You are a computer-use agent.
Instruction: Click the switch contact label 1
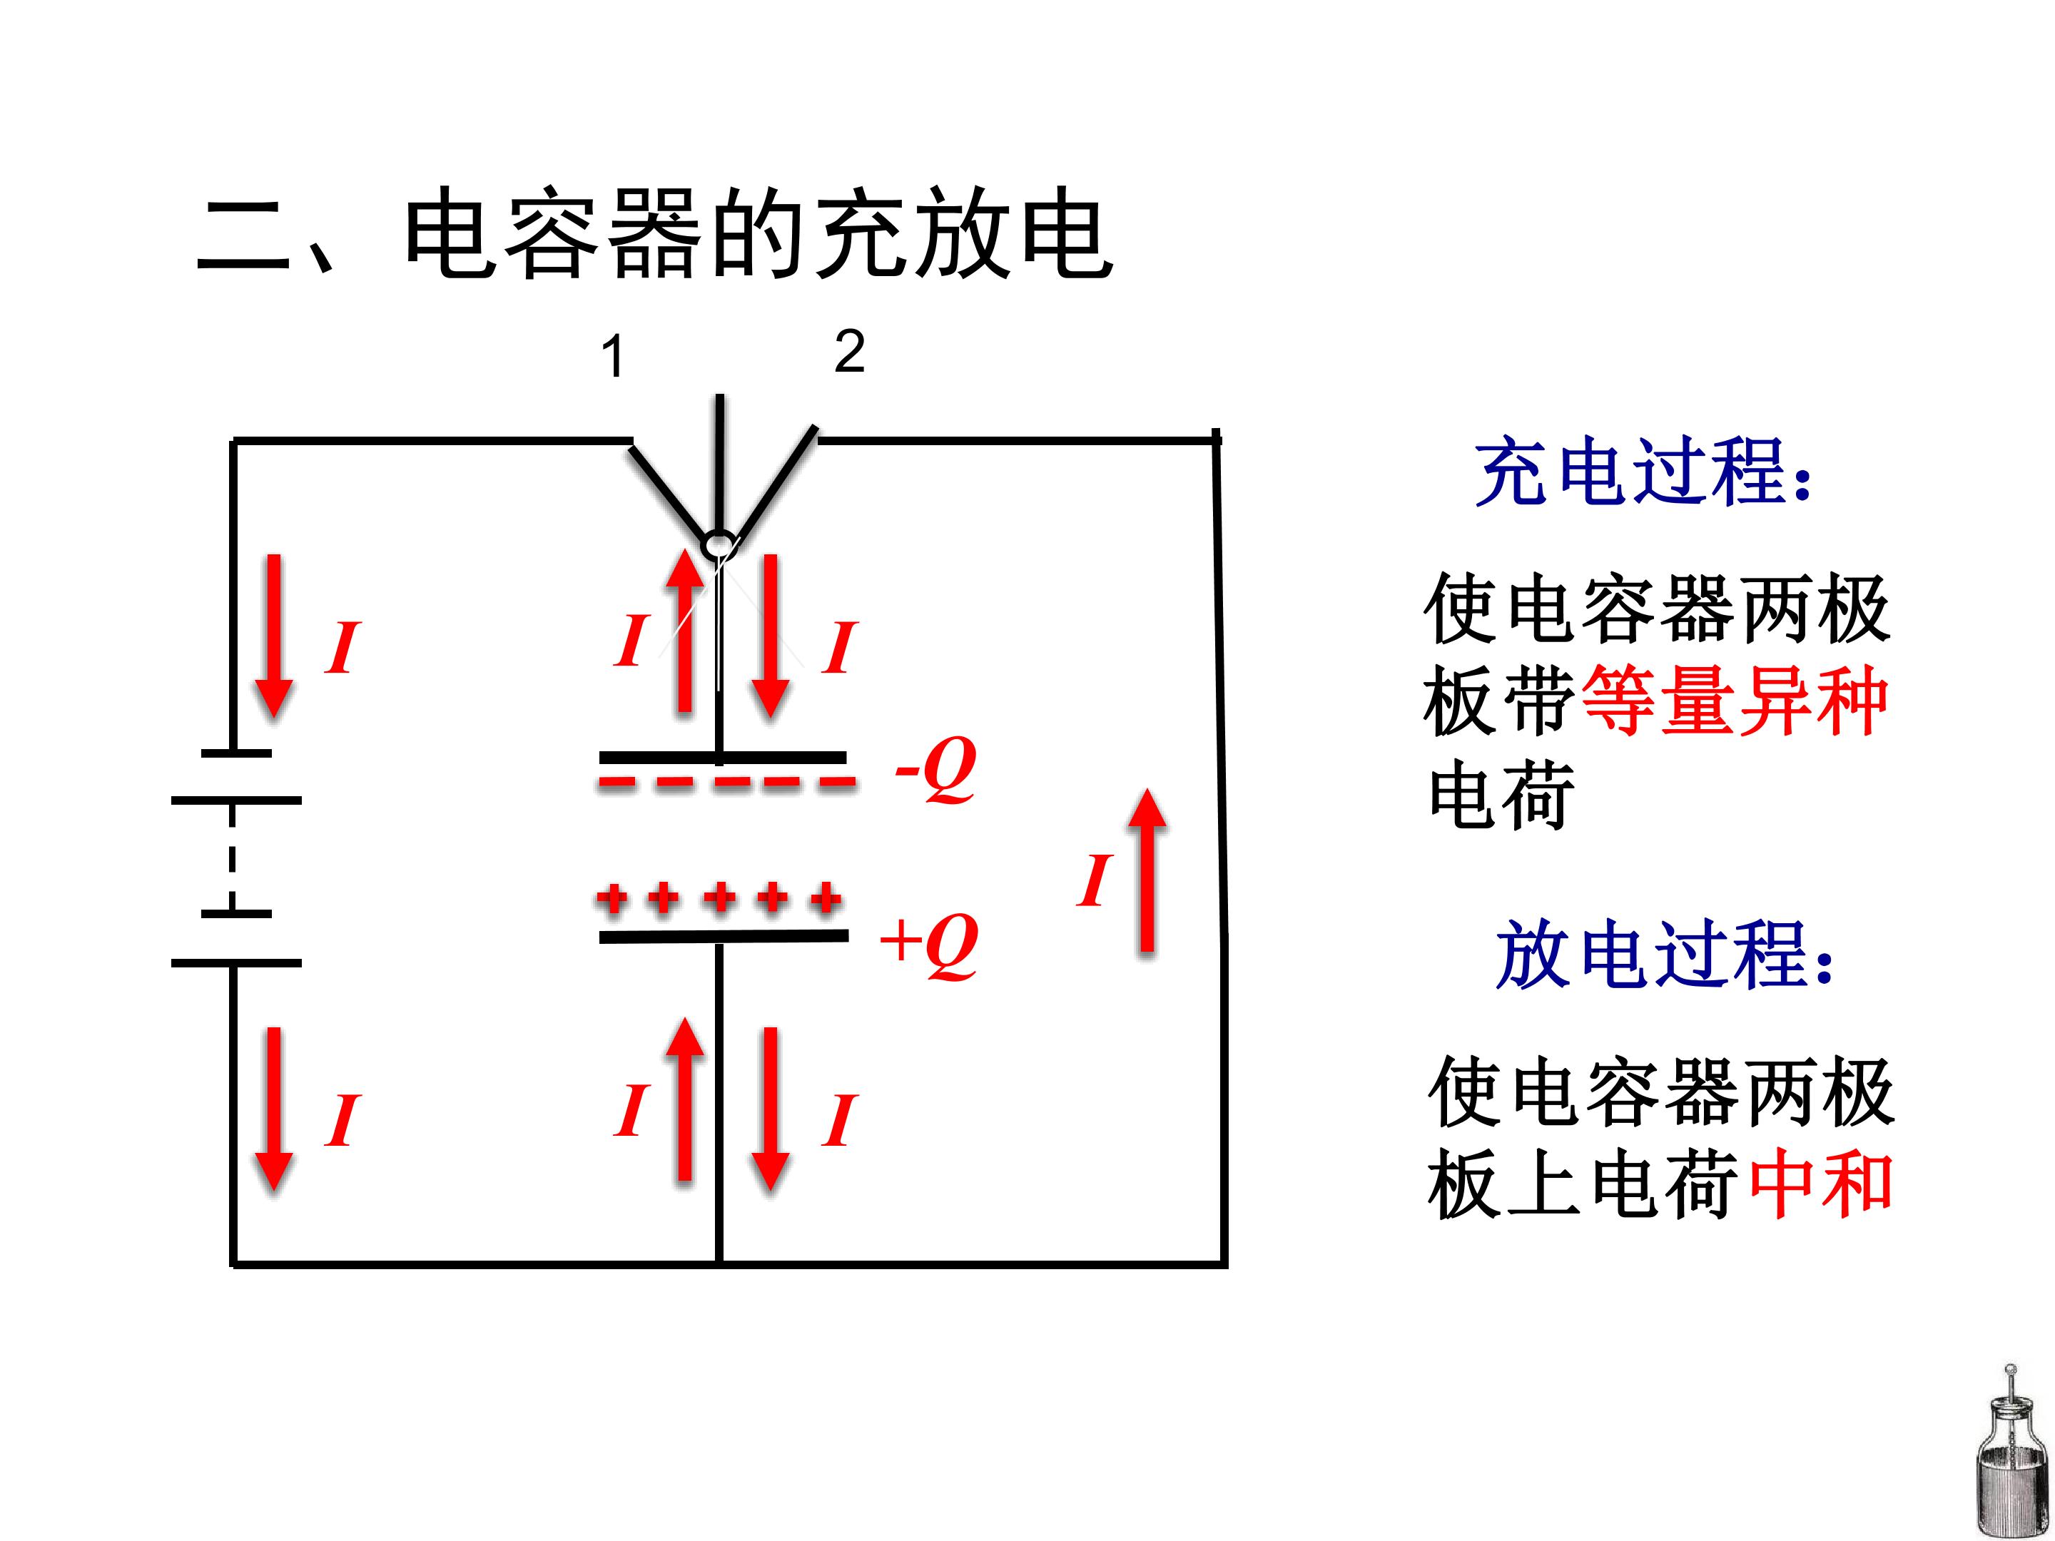pyautogui.click(x=612, y=357)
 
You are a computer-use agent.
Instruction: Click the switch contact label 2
pyautogui.click(x=849, y=351)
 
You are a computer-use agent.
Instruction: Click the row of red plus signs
pyautogui.click(x=720, y=898)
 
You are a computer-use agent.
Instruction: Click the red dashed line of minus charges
pyautogui.click(x=726, y=782)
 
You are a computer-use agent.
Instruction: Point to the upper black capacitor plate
pyautogui.click(x=723, y=758)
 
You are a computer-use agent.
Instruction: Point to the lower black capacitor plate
pyautogui.click(x=724, y=936)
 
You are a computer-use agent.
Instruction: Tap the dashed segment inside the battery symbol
pyautogui.click(x=232, y=856)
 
